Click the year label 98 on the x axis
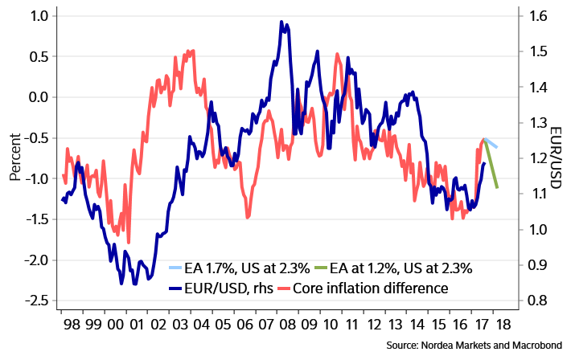pos(72,325)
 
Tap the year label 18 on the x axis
pos(503,325)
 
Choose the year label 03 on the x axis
pos(179,325)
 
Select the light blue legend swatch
pos(175,267)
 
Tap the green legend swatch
pos(321,267)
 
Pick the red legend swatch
pos(284,288)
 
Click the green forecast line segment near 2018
pos(491,165)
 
